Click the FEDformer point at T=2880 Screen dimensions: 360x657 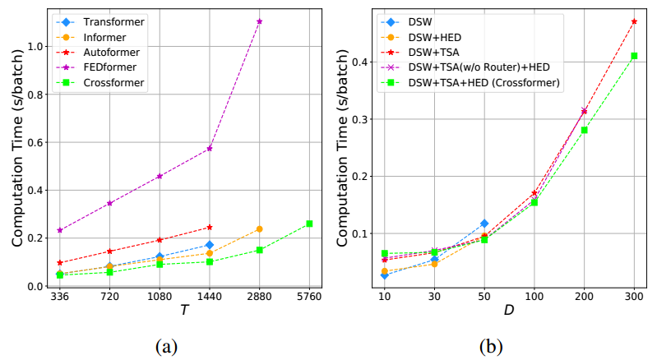pyautogui.click(x=259, y=21)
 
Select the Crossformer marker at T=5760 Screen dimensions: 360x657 pyautogui.click(x=309, y=224)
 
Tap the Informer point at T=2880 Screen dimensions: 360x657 pyautogui.click(x=259, y=229)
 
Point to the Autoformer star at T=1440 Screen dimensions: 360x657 pyautogui.click(x=210, y=228)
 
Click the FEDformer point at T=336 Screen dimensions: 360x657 pyautogui.click(x=60, y=230)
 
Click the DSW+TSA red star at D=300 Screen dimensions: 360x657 pyautogui.click(x=633, y=21)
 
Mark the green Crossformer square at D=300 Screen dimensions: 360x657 pyautogui.click(x=633, y=56)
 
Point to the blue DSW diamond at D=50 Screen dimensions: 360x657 pyautogui.click(x=484, y=224)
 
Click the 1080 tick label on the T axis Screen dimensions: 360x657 pyautogui.click(x=160, y=296)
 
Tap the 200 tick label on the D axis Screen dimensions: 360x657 pyautogui.click(x=584, y=296)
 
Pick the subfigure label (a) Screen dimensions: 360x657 pyautogui.click(x=170, y=345)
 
